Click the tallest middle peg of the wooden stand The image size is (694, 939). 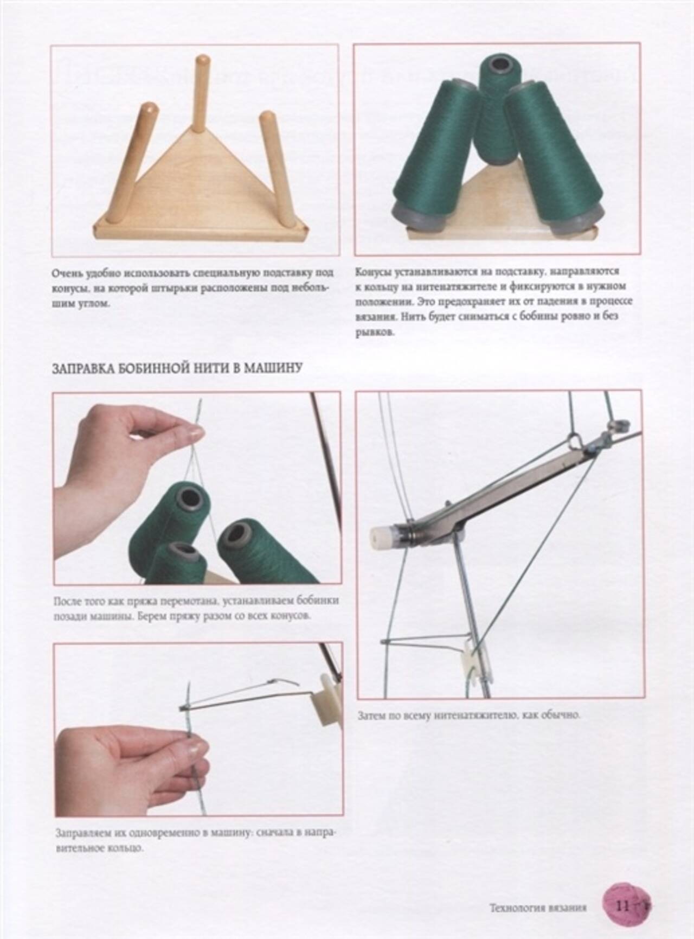(x=202, y=93)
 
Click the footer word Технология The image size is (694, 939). (x=516, y=908)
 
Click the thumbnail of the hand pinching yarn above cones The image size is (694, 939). (x=197, y=489)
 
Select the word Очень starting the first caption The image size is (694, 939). (x=67, y=272)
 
